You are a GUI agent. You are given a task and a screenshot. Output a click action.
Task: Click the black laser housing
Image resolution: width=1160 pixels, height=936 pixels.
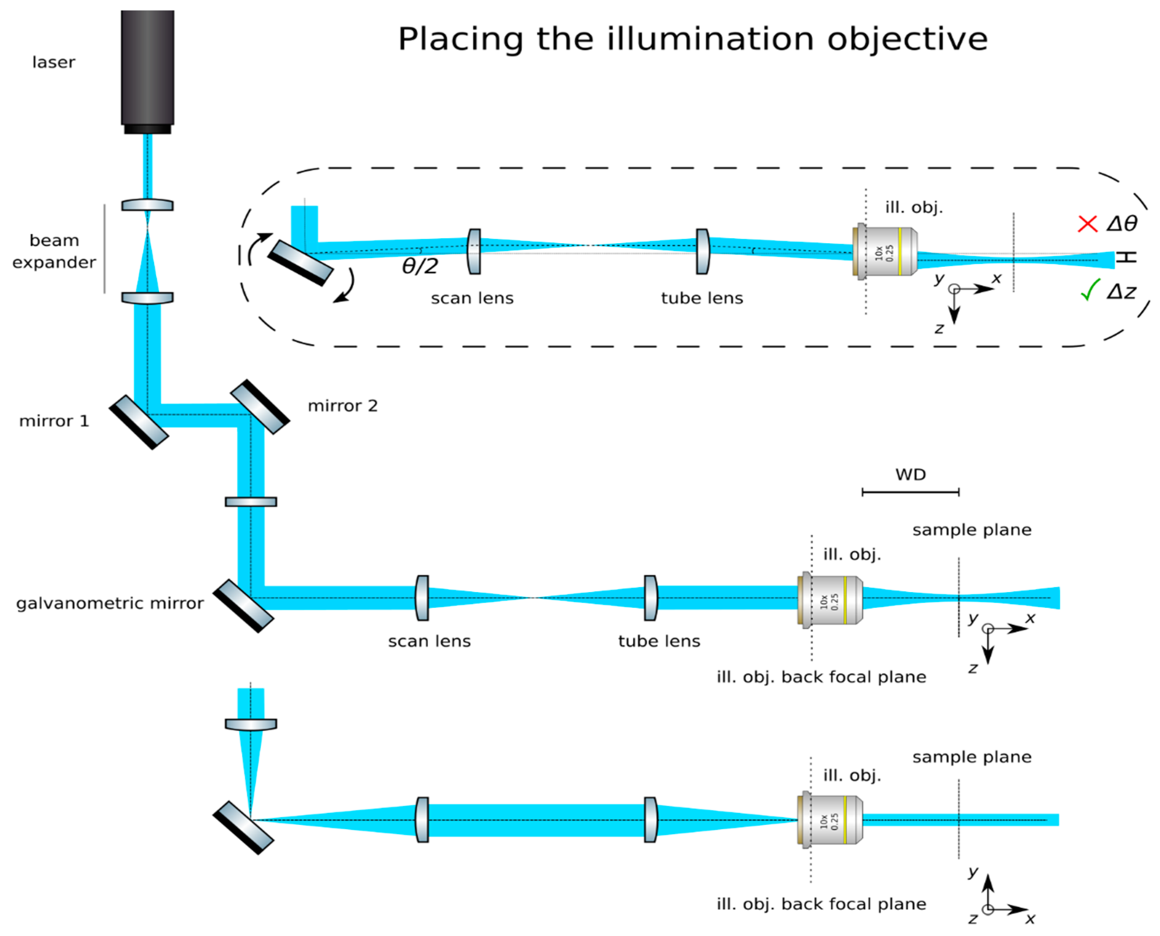point(147,72)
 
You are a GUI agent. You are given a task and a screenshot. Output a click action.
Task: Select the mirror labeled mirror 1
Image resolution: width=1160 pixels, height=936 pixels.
point(139,422)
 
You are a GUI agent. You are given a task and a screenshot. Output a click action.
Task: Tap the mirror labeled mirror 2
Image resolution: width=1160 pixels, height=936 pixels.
point(260,406)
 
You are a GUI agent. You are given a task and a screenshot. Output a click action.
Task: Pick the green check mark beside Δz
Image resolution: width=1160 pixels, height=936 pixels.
point(1090,290)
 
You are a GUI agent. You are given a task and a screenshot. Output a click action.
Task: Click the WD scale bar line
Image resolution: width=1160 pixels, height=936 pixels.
point(911,492)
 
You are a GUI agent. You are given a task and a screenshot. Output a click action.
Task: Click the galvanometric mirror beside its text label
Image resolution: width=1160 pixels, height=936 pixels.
point(243,606)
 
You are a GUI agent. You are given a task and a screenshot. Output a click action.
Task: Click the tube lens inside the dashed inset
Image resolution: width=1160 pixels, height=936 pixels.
point(702,251)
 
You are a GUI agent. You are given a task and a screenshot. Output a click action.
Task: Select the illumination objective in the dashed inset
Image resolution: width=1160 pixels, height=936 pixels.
point(885,251)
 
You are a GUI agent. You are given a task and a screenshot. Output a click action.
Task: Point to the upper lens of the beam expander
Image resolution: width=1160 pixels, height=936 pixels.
point(147,206)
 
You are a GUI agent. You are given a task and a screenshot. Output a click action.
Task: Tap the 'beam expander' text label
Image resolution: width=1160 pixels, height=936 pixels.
point(54,251)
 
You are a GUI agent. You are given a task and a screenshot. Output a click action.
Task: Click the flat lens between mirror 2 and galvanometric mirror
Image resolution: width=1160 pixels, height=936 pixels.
point(251,502)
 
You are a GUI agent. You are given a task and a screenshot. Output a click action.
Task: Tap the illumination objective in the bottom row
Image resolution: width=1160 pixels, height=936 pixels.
point(830,820)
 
